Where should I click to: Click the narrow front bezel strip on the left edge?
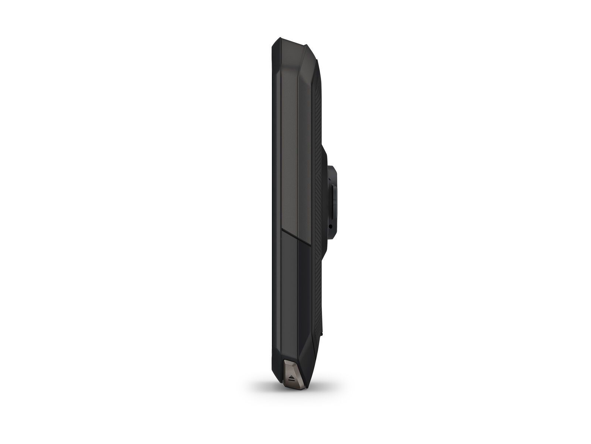point(274,222)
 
